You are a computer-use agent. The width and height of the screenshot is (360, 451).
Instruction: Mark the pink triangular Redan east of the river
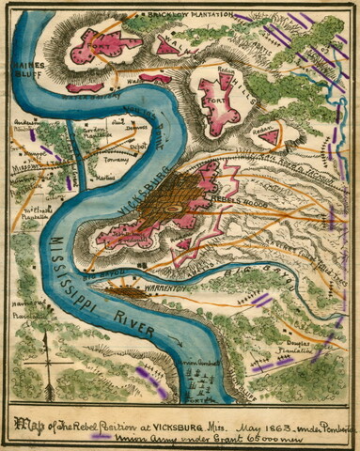pos(268,137)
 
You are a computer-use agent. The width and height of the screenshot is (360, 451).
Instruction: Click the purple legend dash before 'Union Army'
pos(100,435)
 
